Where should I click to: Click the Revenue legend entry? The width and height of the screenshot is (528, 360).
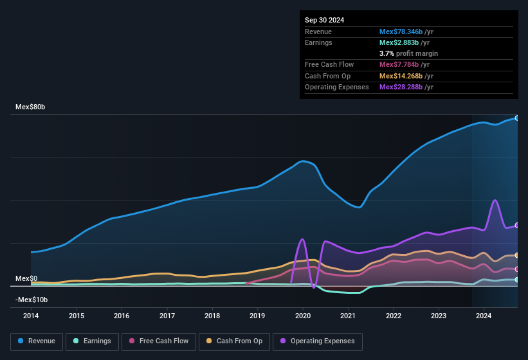click(36, 341)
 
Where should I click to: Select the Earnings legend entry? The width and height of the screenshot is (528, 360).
click(93, 341)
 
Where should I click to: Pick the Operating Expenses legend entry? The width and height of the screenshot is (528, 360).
click(318, 341)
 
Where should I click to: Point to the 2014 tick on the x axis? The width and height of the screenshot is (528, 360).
click(31, 316)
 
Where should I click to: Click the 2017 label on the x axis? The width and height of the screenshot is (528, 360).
click(167, 316)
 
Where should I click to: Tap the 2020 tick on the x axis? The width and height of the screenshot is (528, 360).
click(303, 316)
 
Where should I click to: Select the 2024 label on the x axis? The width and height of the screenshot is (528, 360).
click(484, 316)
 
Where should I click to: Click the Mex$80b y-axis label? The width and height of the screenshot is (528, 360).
click(31, 107)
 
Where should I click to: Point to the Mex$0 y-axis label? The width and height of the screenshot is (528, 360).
click(26, 278)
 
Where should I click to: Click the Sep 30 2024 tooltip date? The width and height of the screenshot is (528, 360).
click(325, 20)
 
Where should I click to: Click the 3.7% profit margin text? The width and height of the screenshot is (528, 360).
click(408, 53)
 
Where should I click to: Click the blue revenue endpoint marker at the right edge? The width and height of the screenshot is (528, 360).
click(517, 118)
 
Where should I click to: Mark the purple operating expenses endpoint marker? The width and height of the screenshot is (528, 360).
click(517, 226)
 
